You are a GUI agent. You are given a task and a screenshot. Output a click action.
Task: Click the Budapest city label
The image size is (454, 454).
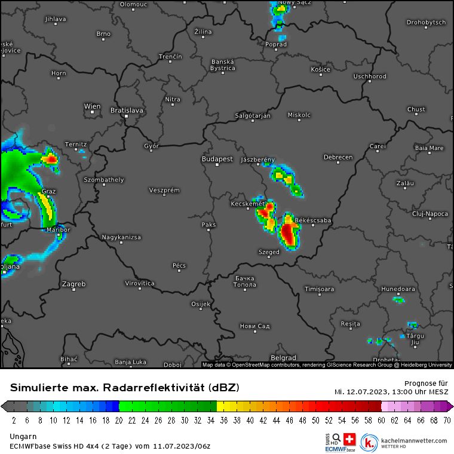tap(217, 159)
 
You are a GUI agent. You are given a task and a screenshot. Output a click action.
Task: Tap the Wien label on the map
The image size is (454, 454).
tap(92, 106)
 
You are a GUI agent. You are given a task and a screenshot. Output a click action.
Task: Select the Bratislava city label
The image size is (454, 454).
tap(127, 110)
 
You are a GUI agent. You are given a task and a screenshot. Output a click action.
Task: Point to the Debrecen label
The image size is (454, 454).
tap(338, 157)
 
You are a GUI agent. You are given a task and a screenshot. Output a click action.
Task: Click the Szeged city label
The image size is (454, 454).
tap(269, 252)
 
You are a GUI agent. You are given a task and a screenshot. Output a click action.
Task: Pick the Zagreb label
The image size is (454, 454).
tap(74, 284)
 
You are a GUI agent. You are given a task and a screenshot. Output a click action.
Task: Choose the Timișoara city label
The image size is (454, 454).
tap(320, 289)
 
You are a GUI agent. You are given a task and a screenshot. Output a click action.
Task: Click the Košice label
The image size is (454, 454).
tap(320, 69)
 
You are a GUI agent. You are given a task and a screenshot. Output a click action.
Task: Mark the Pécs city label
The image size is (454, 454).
tap(179, 265)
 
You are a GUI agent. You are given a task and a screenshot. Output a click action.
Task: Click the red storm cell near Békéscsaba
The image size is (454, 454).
tap(289, 232)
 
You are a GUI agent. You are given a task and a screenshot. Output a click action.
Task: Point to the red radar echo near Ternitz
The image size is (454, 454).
tap(51, 159)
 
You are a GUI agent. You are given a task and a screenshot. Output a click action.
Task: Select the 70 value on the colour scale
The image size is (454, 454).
tap(446, 421)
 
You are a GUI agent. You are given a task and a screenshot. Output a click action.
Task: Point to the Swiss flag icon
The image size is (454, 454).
tap(349, 439)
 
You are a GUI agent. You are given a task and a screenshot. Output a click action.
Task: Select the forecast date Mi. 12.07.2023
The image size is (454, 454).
tap(361, 392)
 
